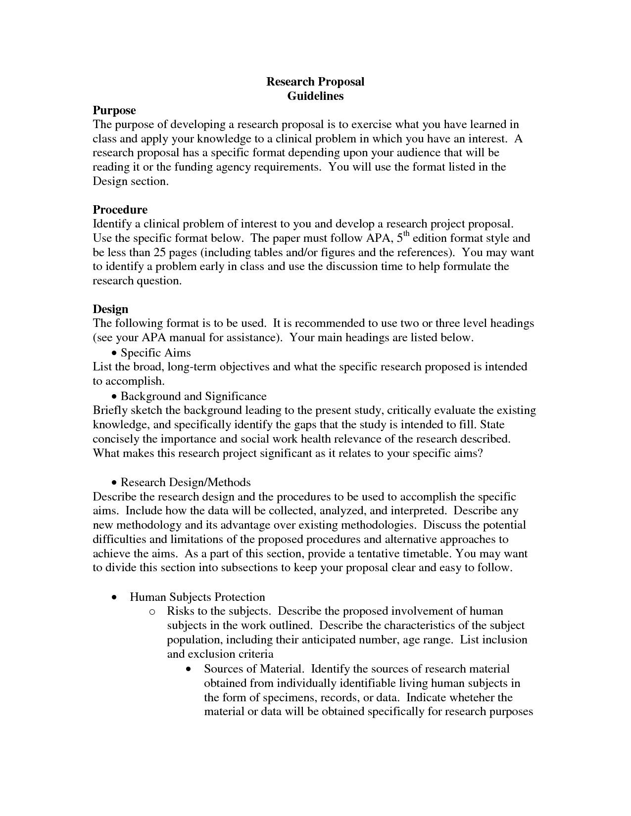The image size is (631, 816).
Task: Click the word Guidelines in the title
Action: tap(315, 96)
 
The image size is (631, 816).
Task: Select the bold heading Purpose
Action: tap(114, 110)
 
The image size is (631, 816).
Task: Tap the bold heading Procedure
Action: tap(120, 209)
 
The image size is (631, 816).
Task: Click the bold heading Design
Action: tap(110, 309)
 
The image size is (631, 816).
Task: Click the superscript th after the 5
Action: tap(407, 234)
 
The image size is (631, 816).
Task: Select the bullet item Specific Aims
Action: tap(155, 353)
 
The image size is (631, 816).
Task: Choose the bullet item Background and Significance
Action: tap(193, 396)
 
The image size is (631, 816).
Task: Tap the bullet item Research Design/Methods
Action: tap(185, 482)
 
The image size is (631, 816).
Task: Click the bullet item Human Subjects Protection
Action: tap(197, 597)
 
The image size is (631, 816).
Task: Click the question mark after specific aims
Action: tap(479, 453)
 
